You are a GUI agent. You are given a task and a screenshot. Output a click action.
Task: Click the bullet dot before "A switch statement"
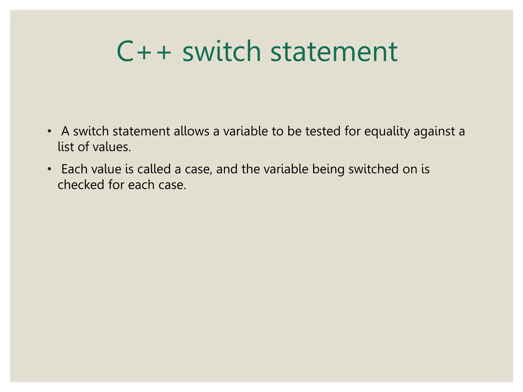click(x=49, y=132)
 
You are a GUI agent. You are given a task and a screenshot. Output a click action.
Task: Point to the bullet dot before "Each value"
click(x=49, y=169)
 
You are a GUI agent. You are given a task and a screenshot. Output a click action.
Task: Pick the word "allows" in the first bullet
click(x=192, y=131)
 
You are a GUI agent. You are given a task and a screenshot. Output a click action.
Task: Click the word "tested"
click(x=323, y=131)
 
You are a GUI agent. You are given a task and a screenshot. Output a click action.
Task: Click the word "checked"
click(x=81, y=185)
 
